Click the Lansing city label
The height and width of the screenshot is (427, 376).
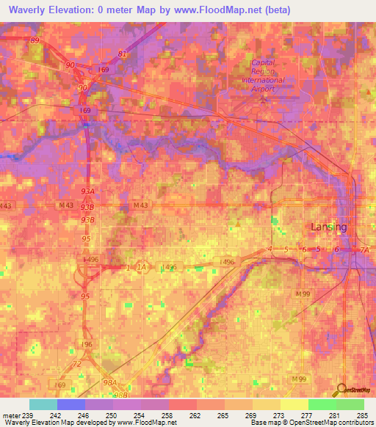tap(328, 227)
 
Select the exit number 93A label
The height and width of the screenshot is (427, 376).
tap(88, 190)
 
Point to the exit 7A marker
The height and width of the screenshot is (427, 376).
tap(364, 250)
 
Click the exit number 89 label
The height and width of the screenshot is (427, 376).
tap(35, 40)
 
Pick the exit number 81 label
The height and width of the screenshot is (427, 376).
tap(122, 54)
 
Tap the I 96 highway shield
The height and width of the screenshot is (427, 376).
tap(86, 344)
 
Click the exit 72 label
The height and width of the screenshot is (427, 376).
tap(76, 363)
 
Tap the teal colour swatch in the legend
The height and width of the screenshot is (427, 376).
tap(43, 404)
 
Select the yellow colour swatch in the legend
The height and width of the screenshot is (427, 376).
tap(294, 404)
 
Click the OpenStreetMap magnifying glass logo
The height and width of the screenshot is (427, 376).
tap(341, 390)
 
